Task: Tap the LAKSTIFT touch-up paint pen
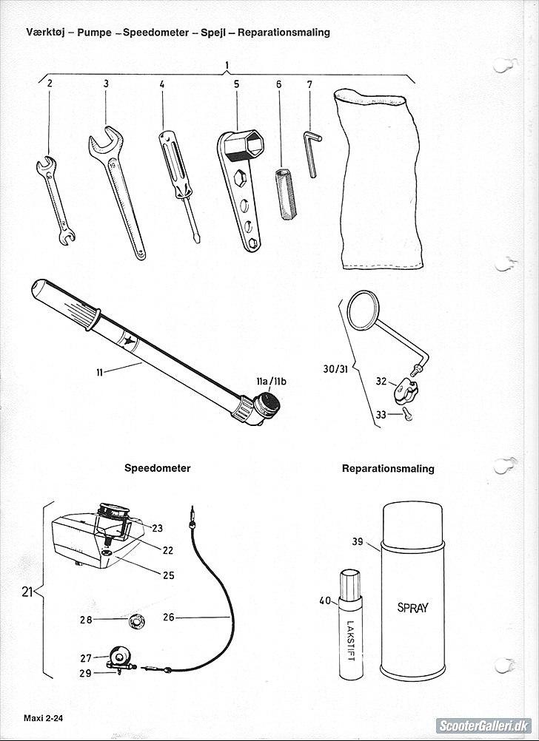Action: click(348, 625)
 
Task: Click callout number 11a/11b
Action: click(271, 381)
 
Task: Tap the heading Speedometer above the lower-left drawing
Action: click(157, 468)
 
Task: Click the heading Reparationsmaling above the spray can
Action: click(388, 468)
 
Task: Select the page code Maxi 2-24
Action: click(42, 718)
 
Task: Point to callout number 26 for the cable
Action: click(168, 617)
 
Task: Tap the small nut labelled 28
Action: click(136, 619)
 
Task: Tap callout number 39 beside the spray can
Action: click(357, 542)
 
